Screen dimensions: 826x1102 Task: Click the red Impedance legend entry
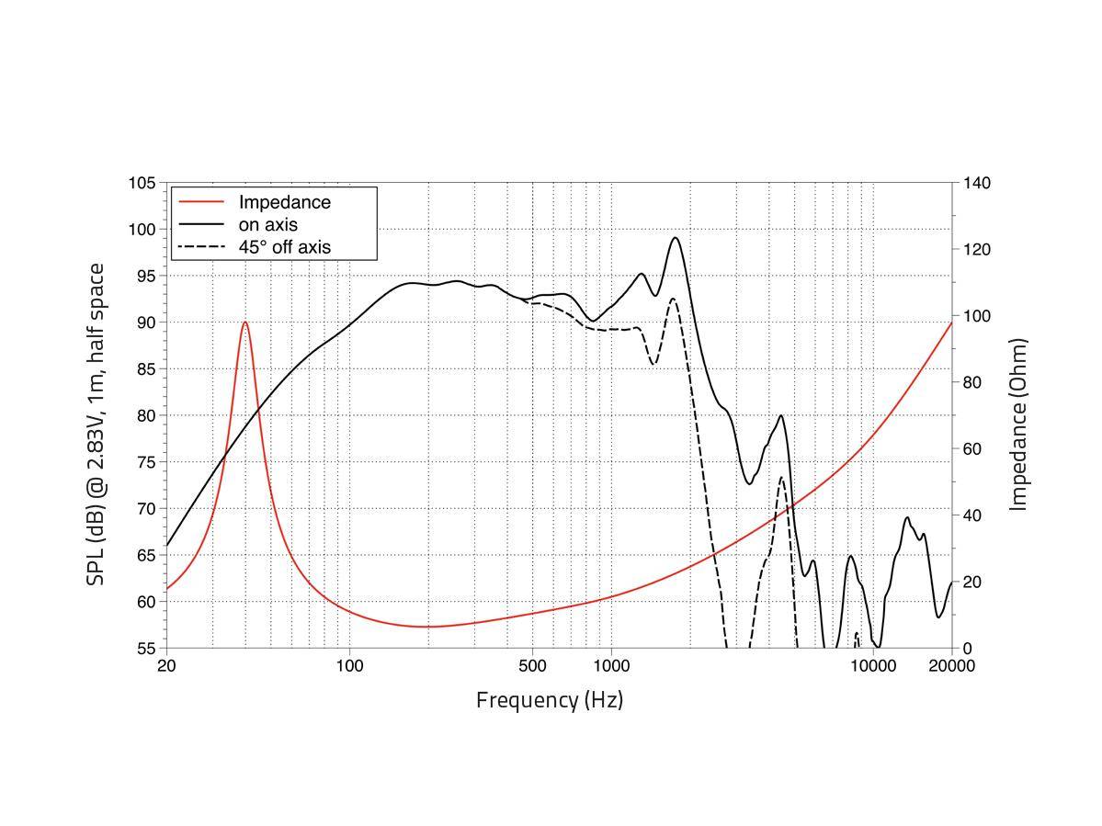point(284,202)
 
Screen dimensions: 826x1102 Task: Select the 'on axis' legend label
point(267,224)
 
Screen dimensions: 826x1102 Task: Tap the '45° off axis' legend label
point(284,247)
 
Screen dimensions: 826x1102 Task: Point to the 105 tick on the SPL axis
point(142,183)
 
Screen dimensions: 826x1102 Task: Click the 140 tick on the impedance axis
point(977,183)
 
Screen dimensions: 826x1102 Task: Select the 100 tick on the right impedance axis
point(977,316)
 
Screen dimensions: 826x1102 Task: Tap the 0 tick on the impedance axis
point(967,648)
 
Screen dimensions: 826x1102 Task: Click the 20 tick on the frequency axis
point(166,666)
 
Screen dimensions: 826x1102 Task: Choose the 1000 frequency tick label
point(611,666)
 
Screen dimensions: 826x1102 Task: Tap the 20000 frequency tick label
point(951,666)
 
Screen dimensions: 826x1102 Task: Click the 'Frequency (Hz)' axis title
point(550,700)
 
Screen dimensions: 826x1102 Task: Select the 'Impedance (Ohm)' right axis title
point(1018,424)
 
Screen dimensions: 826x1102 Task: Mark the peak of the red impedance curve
point(245,322)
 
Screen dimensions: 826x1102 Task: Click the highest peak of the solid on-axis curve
point(676,238)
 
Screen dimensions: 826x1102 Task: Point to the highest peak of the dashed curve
point(673,299)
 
